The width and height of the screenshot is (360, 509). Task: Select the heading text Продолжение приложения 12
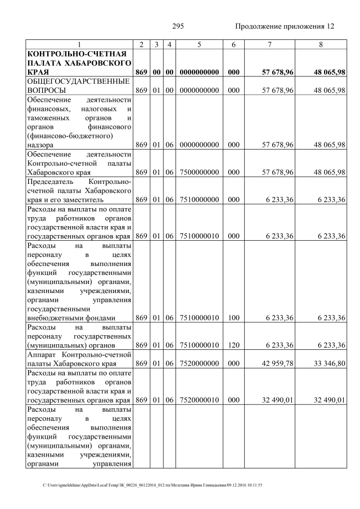[x=284, y=26]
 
